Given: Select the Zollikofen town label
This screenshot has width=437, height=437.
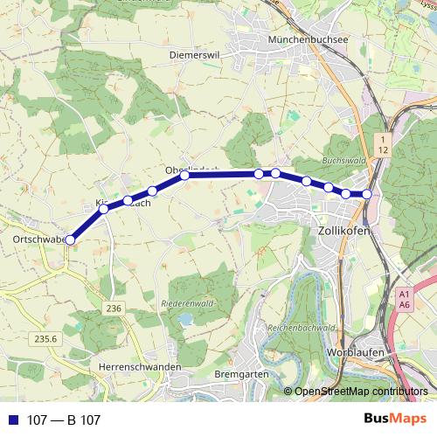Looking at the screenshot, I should pos(340,229).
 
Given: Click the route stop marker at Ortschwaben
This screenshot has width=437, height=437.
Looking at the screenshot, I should pos(71,239).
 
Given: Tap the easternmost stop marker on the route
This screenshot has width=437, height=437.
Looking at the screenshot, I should pos(367,194).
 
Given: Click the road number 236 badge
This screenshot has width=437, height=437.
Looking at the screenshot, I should pos(114,308).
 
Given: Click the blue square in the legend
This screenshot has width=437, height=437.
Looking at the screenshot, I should pos(11,420).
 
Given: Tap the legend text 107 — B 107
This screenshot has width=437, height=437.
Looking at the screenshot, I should pos(65,420).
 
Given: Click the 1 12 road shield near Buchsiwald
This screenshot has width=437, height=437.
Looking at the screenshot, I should pos(383,145).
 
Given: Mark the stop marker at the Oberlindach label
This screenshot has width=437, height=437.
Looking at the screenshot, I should pos(185,176).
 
